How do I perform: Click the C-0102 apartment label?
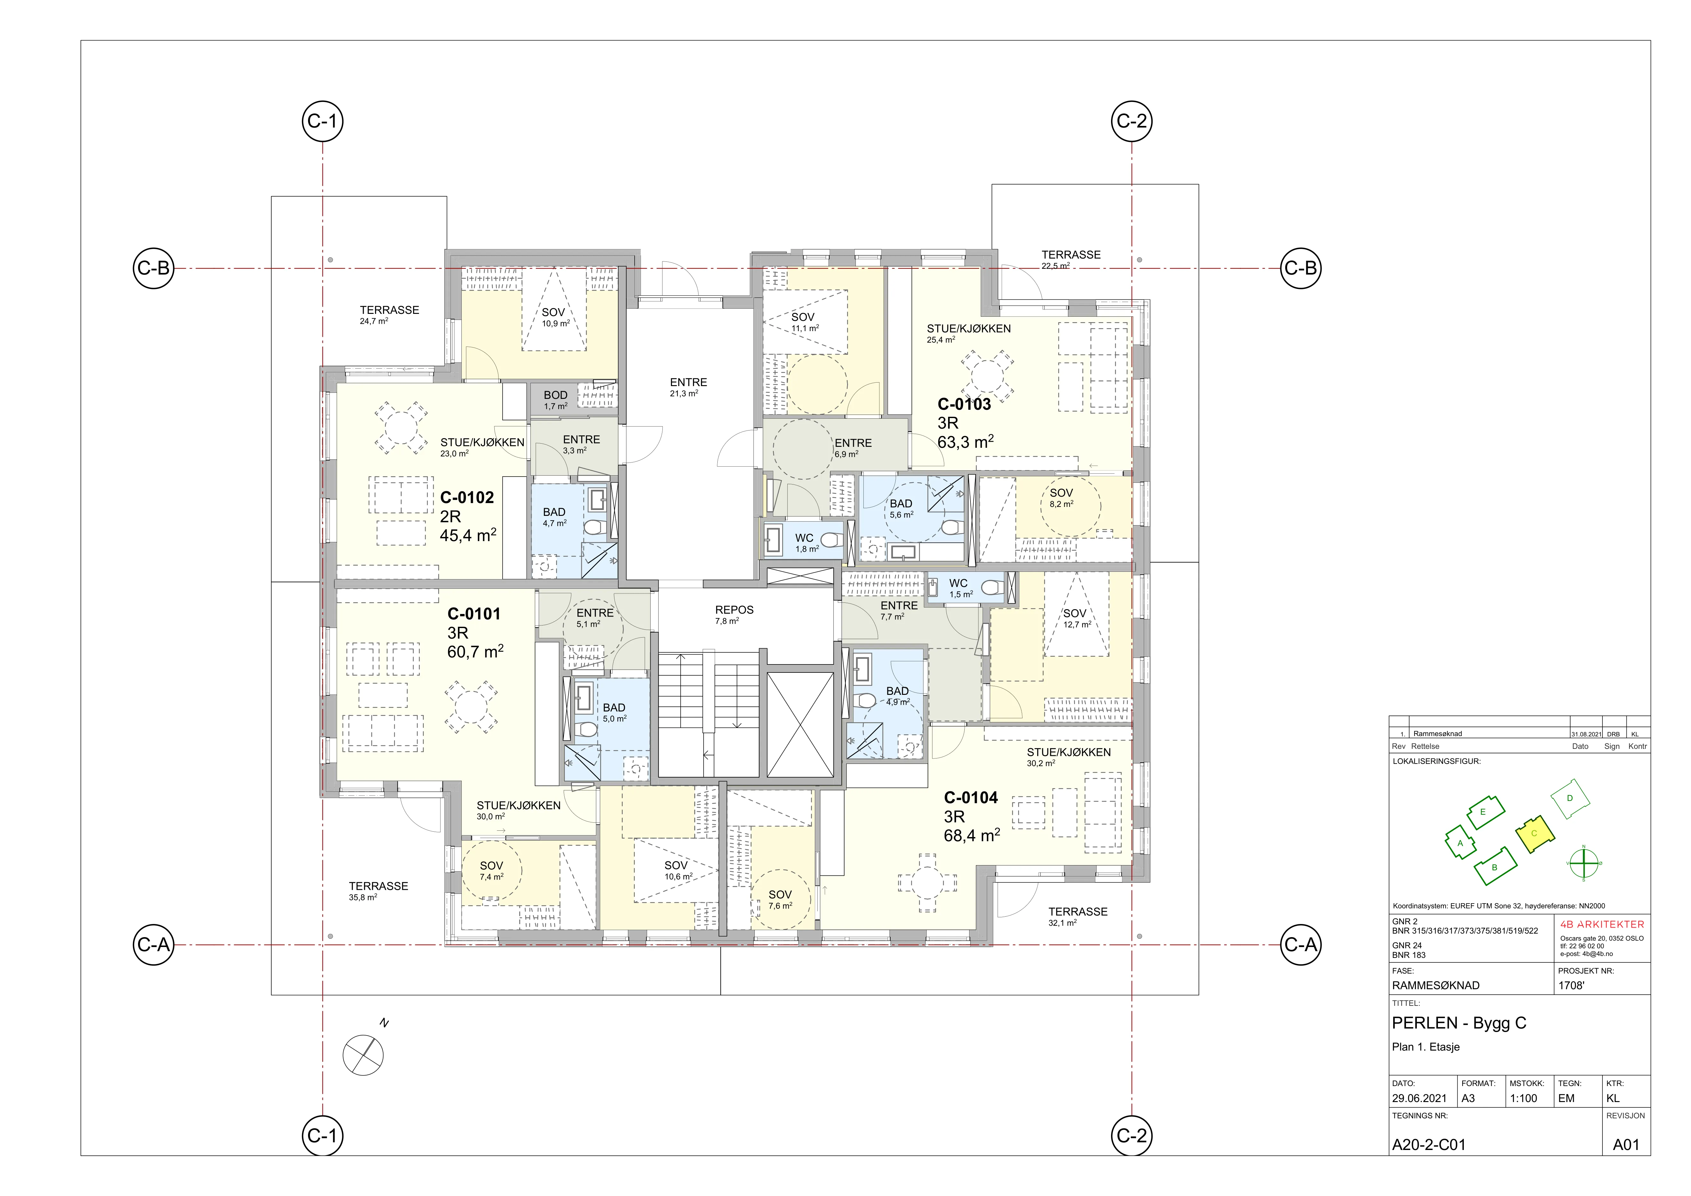click(467, 498)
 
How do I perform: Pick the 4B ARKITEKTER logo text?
click(1602, 924)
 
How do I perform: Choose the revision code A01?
click(1626, 1145)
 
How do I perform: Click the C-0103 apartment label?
click(964, 404)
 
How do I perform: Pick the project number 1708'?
click(1571, 985)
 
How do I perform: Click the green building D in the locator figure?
click(1570, 797)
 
